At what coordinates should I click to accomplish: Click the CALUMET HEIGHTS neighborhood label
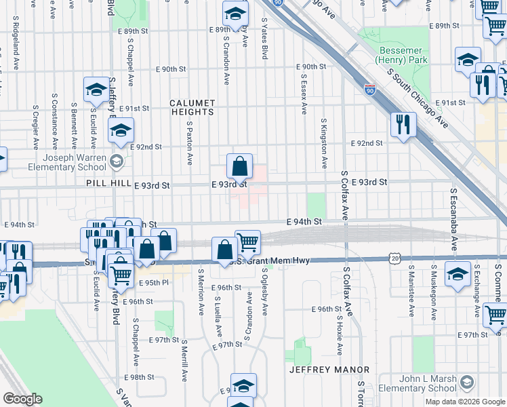[x=192, y=108]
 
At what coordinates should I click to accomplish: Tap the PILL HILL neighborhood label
[x=106, y=184]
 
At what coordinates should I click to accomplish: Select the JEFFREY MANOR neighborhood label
[x=329, y=370]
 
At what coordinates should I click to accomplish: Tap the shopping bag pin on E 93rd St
[x=239, y=167]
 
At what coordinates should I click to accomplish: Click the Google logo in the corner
[x=22, y=399]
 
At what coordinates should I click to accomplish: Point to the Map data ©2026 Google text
[x=465, y=402]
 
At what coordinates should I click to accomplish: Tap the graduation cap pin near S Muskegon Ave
[x=458, y=275]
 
